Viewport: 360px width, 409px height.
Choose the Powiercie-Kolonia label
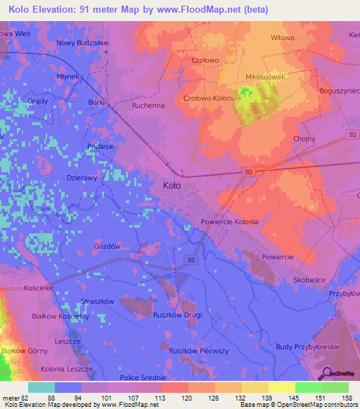point(229,221)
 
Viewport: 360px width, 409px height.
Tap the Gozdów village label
point(108,247)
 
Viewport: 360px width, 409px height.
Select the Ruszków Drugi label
point(177,315)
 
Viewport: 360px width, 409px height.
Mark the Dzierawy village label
point(82,178)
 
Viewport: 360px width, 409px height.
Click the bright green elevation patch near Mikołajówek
point(245,92)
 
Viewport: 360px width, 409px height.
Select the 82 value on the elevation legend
point(20,397)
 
